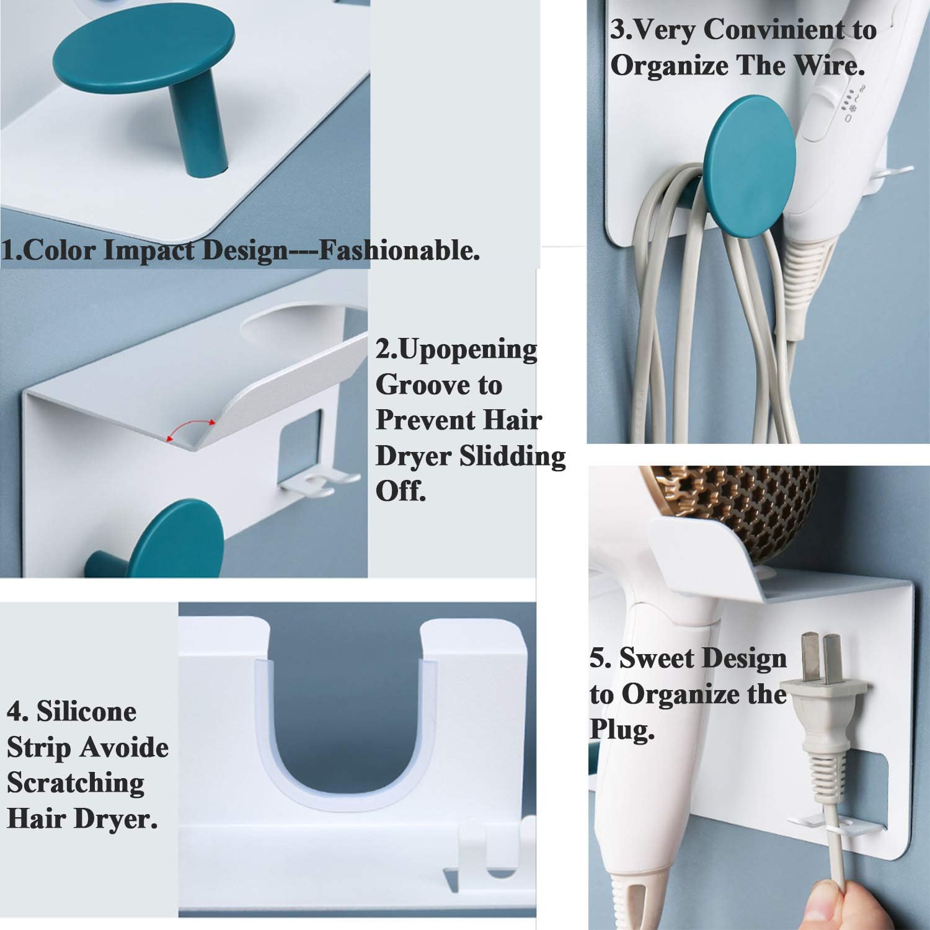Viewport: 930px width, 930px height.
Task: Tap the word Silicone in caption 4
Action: tap(86, 711)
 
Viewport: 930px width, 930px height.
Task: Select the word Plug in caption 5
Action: tap(621, 732)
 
